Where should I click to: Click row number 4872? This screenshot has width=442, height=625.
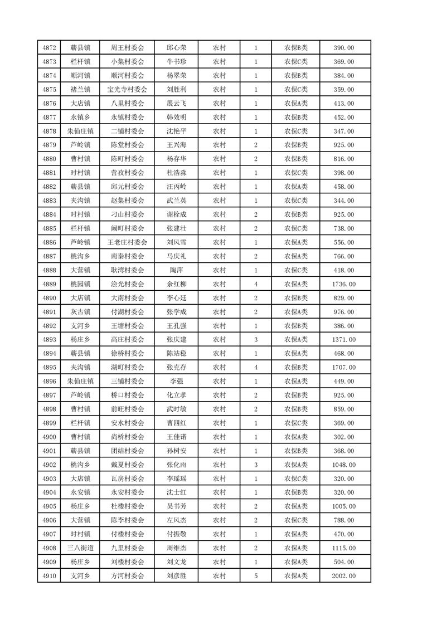[48, 48]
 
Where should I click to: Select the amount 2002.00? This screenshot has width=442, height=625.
[343, 576]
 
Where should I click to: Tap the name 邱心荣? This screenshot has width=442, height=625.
[176, 48]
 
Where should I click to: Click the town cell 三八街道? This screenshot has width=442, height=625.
[80, 548]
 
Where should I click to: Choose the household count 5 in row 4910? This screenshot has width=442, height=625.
[255, 576]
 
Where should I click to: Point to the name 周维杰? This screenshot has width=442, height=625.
[176, 548]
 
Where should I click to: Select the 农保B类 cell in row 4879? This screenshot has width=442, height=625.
[295, 145]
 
